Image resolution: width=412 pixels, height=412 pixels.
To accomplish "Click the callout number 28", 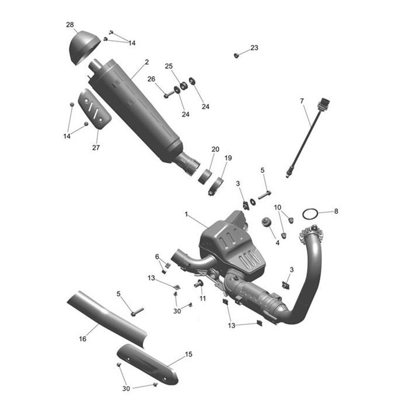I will coord(70,25).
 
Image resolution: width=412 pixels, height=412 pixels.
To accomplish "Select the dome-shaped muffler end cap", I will coord(83,47).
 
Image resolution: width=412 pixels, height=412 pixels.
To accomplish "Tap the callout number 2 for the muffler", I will coord(147,62).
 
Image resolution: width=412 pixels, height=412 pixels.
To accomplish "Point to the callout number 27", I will coord(96,148).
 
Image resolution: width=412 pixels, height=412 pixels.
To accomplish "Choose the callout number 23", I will coord(254,48).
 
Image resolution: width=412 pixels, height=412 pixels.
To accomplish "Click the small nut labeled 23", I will coord(236,55).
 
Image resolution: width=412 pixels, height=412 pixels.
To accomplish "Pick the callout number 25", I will coord(169,66).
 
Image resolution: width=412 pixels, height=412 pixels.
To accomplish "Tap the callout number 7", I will coord(302,101).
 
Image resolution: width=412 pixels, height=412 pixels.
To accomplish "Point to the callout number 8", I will coord(336,211).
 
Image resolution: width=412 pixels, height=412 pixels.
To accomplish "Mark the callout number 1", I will coord(186,215).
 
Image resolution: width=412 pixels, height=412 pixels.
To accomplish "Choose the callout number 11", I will coord(203,298).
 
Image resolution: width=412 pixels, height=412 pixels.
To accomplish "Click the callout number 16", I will coord(82,339).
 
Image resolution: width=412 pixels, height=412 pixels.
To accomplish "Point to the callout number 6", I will coord(157,256).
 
